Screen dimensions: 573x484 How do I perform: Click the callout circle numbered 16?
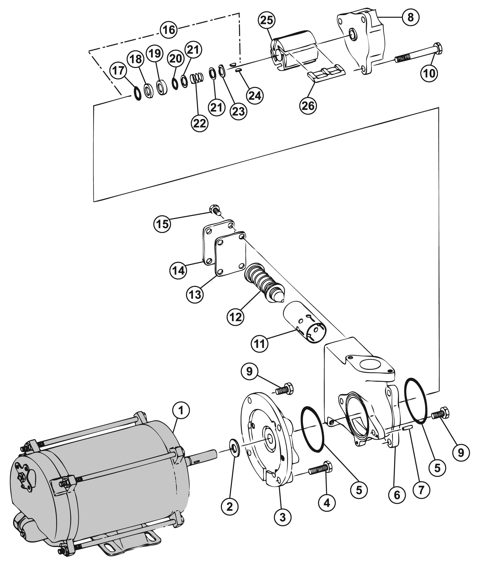168,30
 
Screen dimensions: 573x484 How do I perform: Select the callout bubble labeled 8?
410,17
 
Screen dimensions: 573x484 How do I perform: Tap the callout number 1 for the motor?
181,410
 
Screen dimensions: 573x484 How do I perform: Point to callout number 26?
308,106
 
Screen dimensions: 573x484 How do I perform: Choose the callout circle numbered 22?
199,123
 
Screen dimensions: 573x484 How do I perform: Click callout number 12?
235,317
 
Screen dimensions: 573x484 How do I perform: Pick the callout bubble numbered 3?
282,517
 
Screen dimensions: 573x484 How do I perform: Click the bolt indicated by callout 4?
320,469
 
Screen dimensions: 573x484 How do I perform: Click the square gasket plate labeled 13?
230,254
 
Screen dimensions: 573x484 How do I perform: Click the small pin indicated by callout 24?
238,70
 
